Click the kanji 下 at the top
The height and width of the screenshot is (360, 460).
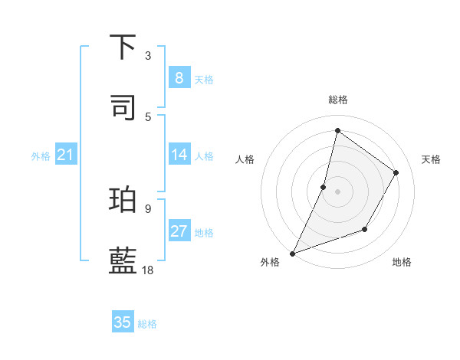[123, 47]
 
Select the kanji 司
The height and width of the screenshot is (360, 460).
[123, 107]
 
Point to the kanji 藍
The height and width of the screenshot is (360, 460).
[123, 260]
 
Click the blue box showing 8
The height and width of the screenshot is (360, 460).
[179, 77]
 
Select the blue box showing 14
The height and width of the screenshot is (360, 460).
[179, 155]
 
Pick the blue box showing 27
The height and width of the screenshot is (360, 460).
[179, 231]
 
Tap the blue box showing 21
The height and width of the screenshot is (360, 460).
[66, 155]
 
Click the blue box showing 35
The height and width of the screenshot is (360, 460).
[123, 322]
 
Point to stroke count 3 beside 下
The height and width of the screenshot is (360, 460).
[148, 56]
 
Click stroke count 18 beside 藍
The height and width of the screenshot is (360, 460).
[148, 270]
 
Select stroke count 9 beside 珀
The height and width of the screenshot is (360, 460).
[148, 208]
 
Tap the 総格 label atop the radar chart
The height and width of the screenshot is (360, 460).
[337, 100]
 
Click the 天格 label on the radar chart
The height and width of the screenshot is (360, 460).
[431, 159]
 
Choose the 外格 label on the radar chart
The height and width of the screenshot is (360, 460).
[270, 262]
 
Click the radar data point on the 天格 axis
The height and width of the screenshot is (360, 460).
[396, 172]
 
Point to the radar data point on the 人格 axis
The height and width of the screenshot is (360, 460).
[324, 187]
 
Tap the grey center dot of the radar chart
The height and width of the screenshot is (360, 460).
[337, 191]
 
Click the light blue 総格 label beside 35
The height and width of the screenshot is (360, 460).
[147, 324]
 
